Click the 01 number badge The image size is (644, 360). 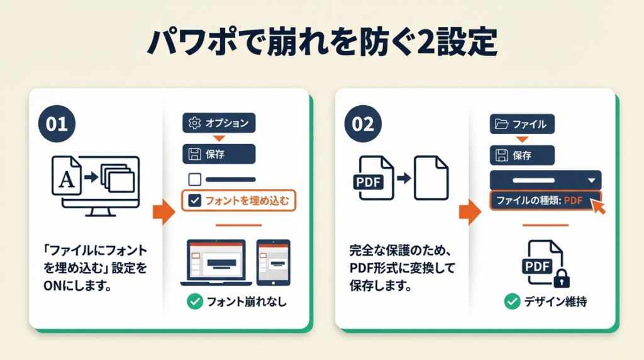tap(57, 124)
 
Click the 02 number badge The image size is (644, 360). tap(363, 124)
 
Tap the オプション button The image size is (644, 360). tap(219, 123)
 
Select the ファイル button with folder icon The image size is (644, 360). tap(522, 124)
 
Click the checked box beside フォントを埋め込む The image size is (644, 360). tap(195, 201)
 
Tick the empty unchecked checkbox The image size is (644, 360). tap(195, 179)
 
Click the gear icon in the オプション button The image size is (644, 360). tap(194, 123)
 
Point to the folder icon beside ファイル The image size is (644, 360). tap(501, 124)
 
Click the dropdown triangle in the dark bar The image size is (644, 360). tap(591, 181)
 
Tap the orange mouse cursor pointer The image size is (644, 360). tap(599, 206)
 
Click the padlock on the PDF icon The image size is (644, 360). tap(562, 279)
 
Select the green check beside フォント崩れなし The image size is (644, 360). tap(195, 301)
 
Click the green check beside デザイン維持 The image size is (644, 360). tap(512, 301)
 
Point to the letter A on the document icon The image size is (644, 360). tap(67, 179)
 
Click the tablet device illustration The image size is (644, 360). tap(274, 262)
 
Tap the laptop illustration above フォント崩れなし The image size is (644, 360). tap(216, 262)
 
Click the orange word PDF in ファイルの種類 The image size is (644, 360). tap(574, 201)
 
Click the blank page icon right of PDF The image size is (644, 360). tap(431, 178)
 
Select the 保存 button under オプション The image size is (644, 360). tap(219, 154)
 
